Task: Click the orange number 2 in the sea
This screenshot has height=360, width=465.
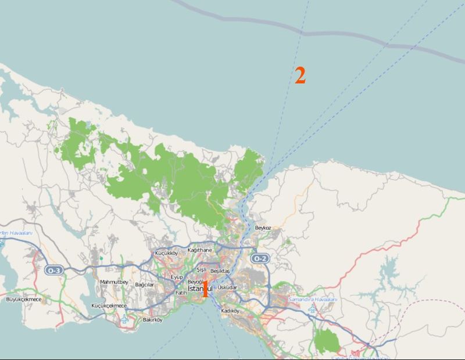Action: click(300, 75)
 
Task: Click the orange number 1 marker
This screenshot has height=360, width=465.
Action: click(205, 289)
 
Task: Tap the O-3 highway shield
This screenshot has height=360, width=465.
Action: click(53, 270)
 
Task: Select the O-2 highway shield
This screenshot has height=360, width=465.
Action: click(259, 258)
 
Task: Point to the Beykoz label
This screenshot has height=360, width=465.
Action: click(263, 228)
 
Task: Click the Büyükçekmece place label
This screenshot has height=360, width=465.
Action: click(24, 299)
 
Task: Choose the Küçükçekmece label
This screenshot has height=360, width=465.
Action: click(109, 305)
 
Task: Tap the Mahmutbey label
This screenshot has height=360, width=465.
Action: click(114, 282)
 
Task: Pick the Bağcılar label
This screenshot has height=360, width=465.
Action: click(144, 285)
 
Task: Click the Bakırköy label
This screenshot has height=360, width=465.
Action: click(152, 319)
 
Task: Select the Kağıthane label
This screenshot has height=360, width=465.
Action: click(199, 250)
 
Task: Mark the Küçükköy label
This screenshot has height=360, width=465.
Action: click(166, 253)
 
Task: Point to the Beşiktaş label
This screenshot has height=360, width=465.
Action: click(220, 271)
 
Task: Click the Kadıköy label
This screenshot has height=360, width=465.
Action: click(230, 311)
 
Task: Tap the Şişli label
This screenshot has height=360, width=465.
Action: click(201, 270)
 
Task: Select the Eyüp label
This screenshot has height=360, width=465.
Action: click(177, 278)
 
